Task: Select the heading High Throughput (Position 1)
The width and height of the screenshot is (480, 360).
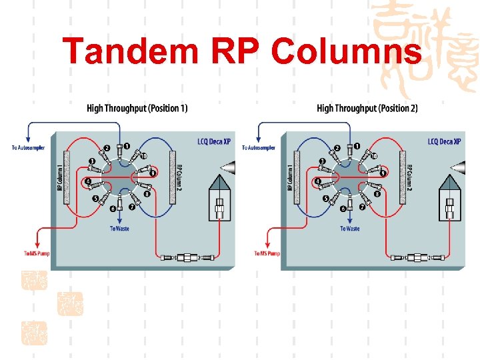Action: pos(137,108)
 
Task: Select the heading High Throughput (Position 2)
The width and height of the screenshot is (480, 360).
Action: pos(367,108)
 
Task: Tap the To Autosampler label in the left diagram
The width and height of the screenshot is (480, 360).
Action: pos(28,147)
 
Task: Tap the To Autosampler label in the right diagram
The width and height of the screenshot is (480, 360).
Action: pos(259,147)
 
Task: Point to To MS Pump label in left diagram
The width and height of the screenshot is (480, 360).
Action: pos(36,253)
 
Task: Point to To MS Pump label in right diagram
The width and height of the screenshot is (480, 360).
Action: pos(267,253)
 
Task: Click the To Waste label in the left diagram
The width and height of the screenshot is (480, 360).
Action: pos(119,228)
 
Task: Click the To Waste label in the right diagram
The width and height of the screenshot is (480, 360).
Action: pos(349,228)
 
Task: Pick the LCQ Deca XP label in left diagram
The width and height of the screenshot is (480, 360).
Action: pos(214,142)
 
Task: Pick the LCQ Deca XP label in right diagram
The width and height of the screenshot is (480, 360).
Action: pos(444,142)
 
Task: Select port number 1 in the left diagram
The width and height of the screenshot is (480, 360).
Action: pos(127,146)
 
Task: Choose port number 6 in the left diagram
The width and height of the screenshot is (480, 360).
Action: pos(113,209)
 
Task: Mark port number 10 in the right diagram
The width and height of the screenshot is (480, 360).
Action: pos(374,156)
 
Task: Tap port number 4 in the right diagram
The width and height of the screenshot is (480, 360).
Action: pos(318,181)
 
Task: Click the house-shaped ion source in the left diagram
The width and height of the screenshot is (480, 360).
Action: pos(218,197)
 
